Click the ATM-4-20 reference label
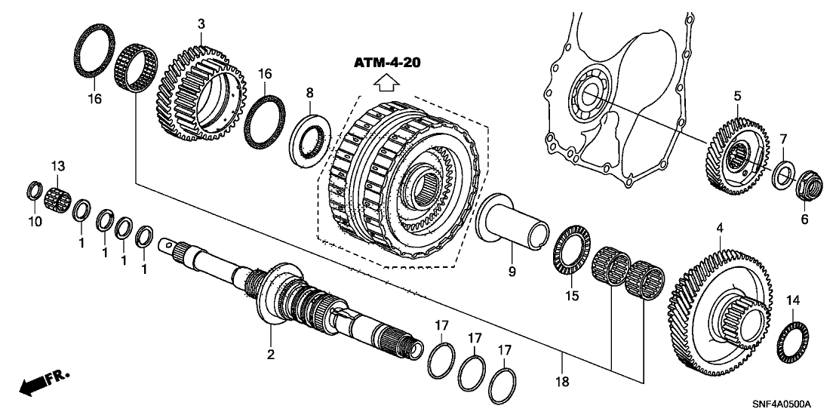click(387, 62)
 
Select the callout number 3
click(201, 24)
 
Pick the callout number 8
click(309, 94)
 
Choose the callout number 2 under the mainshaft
click(269, 354)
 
